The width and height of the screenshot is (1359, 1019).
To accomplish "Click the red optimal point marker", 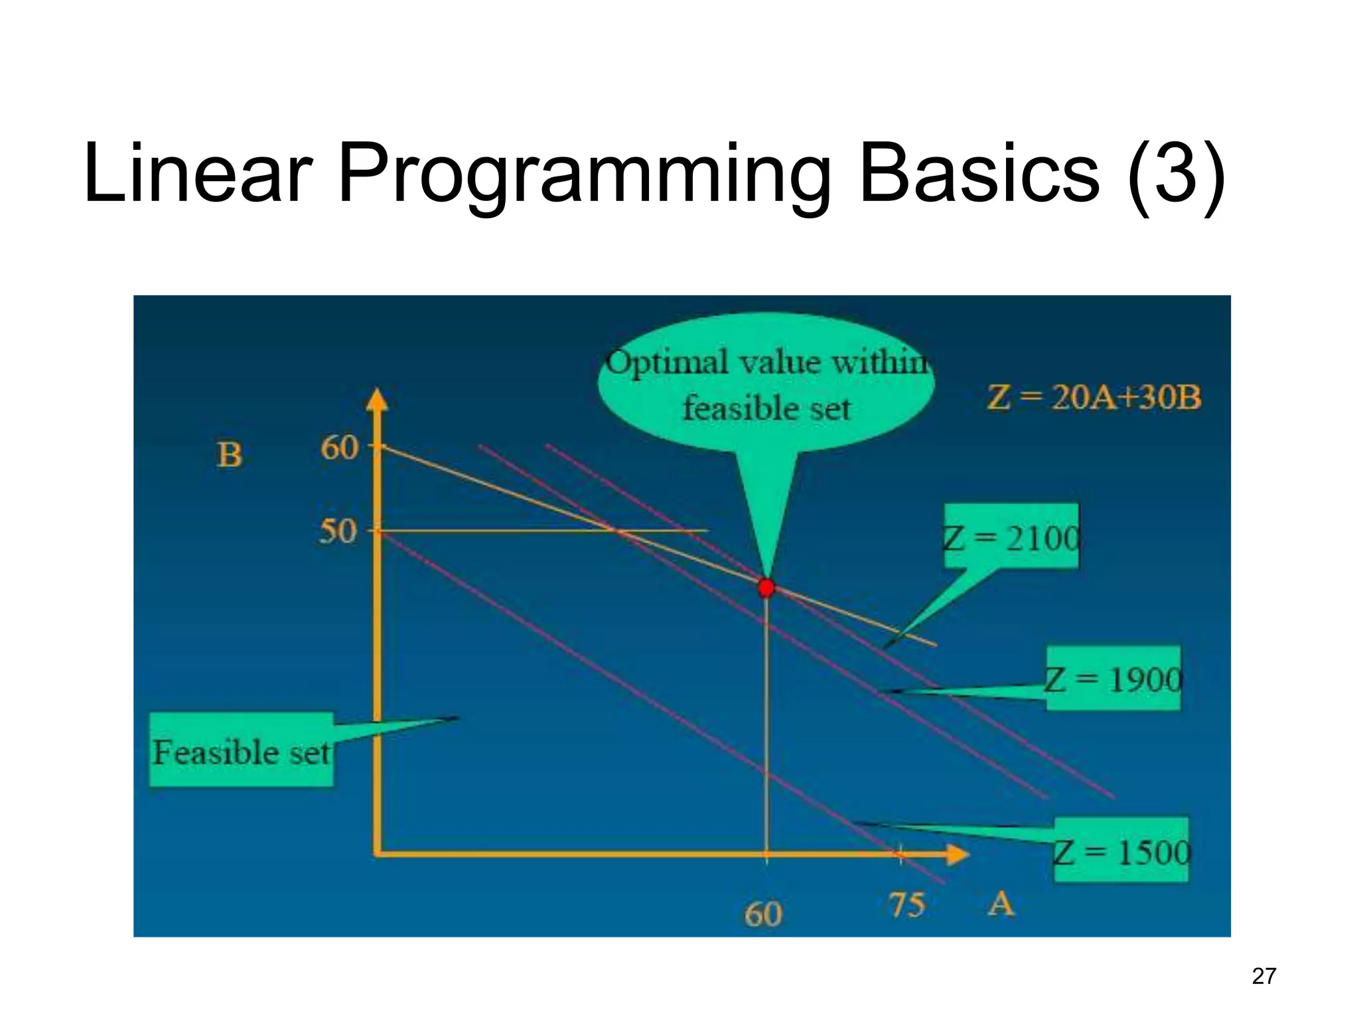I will click(766, 588).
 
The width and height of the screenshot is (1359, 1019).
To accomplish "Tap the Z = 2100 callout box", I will click(1011, 537).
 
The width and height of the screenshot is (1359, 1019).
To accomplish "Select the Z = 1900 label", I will click(1113, 679).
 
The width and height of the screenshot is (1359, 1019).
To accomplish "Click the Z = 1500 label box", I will click(1121, 851).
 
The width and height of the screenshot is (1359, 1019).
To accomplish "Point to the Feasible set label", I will click(242, 752).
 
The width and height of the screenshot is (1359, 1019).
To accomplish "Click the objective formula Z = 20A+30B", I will click(1094, 397).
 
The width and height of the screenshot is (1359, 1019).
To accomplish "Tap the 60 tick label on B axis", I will click(339, 448).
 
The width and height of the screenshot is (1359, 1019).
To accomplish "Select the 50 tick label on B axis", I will click(338, 531).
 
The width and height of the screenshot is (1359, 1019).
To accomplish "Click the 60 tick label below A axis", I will click(763, 914).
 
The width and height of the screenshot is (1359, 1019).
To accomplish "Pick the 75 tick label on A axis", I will click(906, 905).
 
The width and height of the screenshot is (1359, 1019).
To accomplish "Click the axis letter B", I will click(230, 455).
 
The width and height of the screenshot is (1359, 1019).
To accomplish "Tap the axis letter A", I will click(1001, 904).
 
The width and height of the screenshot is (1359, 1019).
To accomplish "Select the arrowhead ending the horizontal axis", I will click(957, 854).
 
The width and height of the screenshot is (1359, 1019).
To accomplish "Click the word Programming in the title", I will click(584, 174).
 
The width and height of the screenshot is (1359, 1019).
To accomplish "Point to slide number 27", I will click(1263, 976).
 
